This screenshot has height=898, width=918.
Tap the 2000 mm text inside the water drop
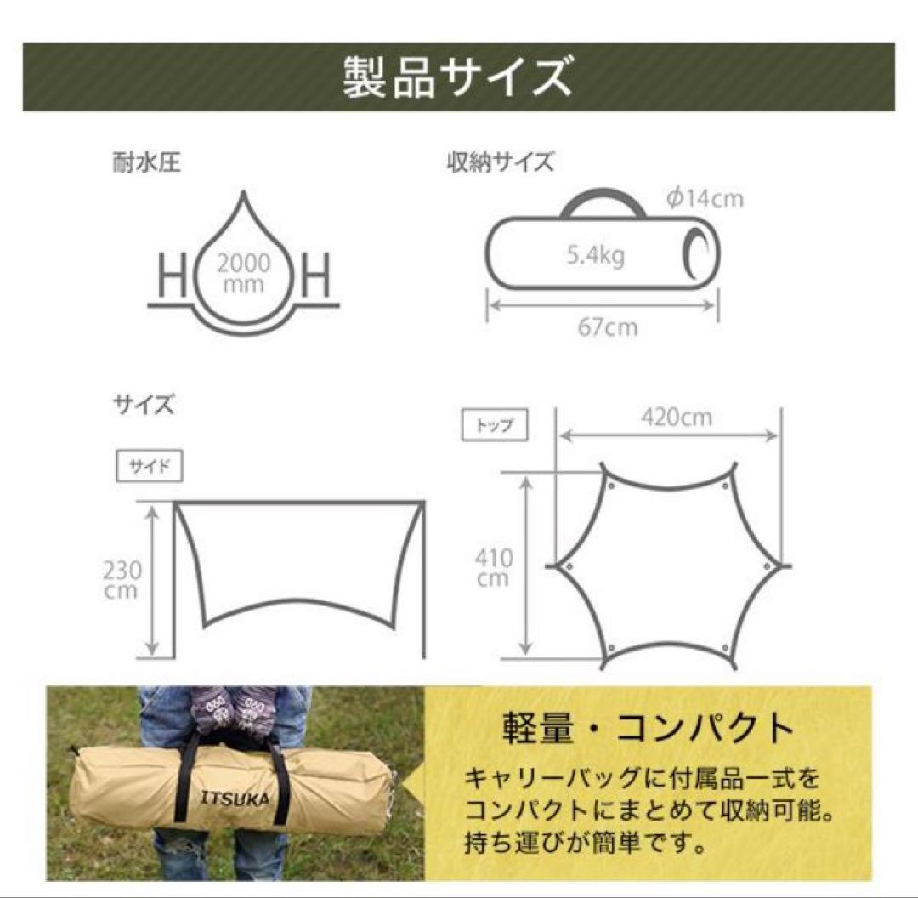[x=243, y=273]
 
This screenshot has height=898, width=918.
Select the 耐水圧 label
[x=145, y=162]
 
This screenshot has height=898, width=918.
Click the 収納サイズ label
[x=500, y=162]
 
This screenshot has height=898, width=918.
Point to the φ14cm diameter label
[x=705, y=199]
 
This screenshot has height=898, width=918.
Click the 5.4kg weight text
[x=595, y=254]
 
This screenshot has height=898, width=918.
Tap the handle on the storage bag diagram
[x=600, y=202]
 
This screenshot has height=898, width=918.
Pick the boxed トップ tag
[x=494, y=425]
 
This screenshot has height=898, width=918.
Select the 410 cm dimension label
[x=494, y=568]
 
